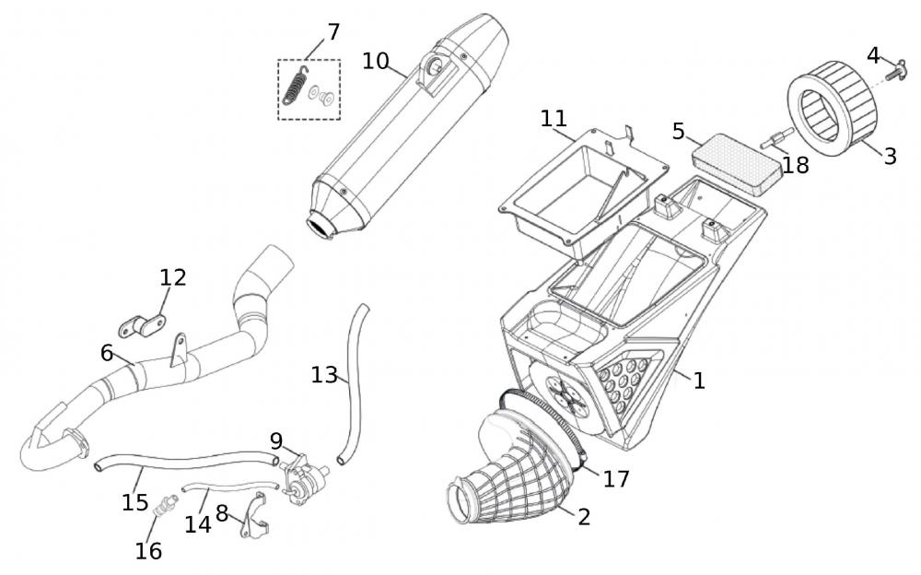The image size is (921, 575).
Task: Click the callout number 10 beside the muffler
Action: coord(375,61)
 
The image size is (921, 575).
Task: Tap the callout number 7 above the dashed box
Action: coord(333,32)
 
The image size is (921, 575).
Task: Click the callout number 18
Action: coord(796,166)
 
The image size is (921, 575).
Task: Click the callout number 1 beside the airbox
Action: coord(699,380)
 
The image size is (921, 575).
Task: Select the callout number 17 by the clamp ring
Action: coord(615,479)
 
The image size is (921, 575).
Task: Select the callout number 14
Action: coord(198,524)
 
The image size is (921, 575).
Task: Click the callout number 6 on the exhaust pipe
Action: coord(107,353)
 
